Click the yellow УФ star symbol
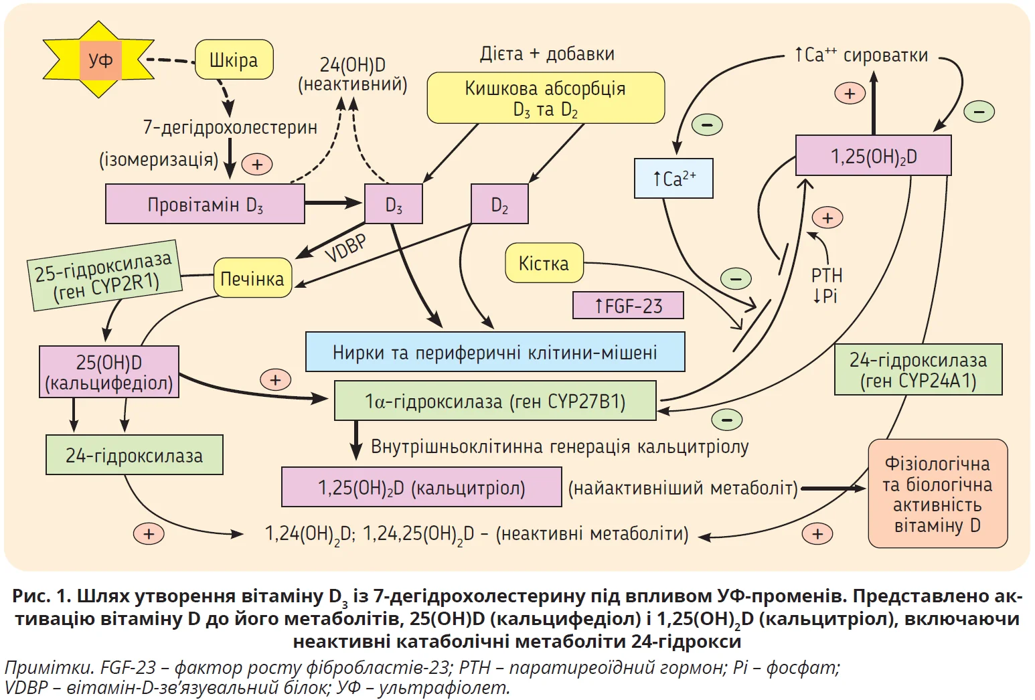pos(99,60)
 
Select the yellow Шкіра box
pos(234,60)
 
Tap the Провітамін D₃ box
pos(205,204)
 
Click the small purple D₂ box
pos(499,204)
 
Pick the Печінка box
pos(252,278)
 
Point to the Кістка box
pos(544,263)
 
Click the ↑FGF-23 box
pos(628,306)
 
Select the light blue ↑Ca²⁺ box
pos(673,179)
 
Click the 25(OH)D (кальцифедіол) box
pos(109,372)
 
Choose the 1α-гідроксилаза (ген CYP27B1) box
pos(495,401)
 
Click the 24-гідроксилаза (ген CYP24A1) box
pos(918,370)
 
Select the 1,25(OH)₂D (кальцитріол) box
pos(421,487)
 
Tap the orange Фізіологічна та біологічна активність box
pos(937,494)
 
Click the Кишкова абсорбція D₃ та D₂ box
pos(546,98)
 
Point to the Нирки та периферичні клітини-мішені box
pos(495,352)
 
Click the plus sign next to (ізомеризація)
pos(257,164)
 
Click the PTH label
pos(827,275)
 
